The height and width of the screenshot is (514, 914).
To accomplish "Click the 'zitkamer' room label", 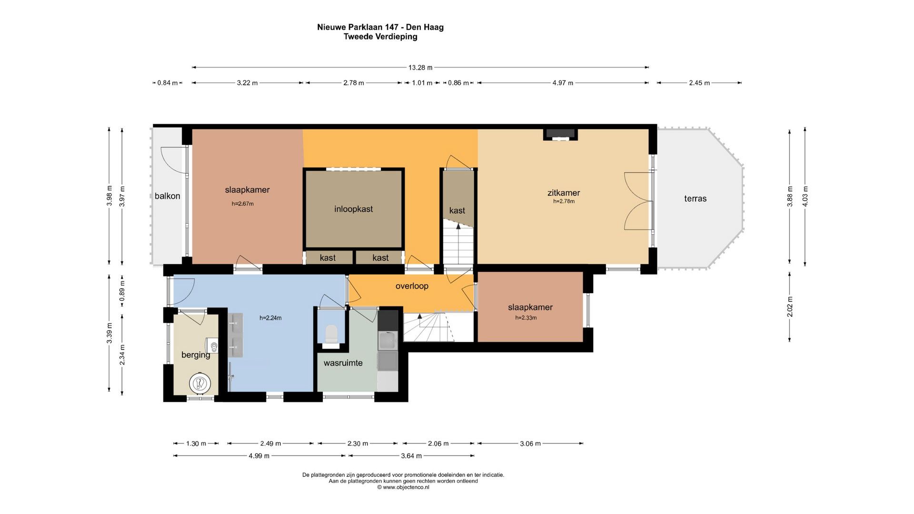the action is click(x=564, y=193).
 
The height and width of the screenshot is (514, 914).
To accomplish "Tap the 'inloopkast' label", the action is click(x=353, y=209).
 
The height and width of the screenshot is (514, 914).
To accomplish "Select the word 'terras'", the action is click(x=695, y=198).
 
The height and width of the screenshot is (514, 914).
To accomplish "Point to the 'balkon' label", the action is click(x=167, y=196).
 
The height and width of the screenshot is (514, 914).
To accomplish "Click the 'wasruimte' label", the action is click(x=343, y=363).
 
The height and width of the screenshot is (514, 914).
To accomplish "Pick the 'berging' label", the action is click(x=196, y=355).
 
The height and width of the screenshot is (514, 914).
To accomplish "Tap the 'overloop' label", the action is click(x=412, y=286).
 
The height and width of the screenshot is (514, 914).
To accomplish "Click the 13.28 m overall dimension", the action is click(x=420, y=68).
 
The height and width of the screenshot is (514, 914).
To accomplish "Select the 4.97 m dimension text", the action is click(x=563, y=83).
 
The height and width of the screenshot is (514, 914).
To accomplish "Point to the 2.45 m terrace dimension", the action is click(x=699, y=83).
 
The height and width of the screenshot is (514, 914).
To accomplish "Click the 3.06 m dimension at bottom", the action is click(x=530, y=444).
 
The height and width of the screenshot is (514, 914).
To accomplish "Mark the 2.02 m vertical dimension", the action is click(x=790, y=306).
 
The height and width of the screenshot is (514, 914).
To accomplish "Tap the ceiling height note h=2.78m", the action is click(x=564, y=201).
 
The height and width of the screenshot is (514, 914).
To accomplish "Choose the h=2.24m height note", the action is click(x=270, y=318).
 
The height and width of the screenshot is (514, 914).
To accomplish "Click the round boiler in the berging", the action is click(x=199, y=383).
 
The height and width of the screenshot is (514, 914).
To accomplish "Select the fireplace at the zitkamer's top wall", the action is click(x=561, y=134).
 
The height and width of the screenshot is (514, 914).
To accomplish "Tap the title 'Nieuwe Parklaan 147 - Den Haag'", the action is click(x=380, y=27).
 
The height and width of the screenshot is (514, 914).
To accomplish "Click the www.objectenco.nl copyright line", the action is click(x=403, y=487).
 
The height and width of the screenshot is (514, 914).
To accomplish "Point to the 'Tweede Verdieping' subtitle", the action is click(x=380, y=37).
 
